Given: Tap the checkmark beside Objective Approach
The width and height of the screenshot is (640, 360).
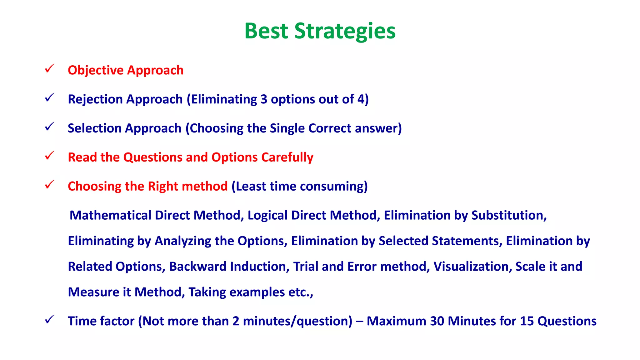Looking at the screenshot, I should click(49, 68).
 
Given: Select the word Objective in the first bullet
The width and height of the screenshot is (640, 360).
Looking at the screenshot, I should click(96, 70).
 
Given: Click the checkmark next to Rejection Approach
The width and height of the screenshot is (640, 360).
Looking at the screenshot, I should click(49, 97).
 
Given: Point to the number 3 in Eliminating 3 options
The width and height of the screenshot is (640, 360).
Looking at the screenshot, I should click(264, 99).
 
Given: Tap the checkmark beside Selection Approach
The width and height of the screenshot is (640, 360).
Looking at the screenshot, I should click(49, 127).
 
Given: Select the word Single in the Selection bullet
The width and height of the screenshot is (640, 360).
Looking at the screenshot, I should click(287, 128).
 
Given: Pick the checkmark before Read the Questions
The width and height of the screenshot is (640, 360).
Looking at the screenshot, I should click(49, 155).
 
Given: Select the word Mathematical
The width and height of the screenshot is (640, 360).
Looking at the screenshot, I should click(110, 215).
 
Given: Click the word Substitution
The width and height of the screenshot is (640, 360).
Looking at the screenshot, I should click(509, 215).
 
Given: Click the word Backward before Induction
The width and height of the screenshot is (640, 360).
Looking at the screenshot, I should click(197, 267).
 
